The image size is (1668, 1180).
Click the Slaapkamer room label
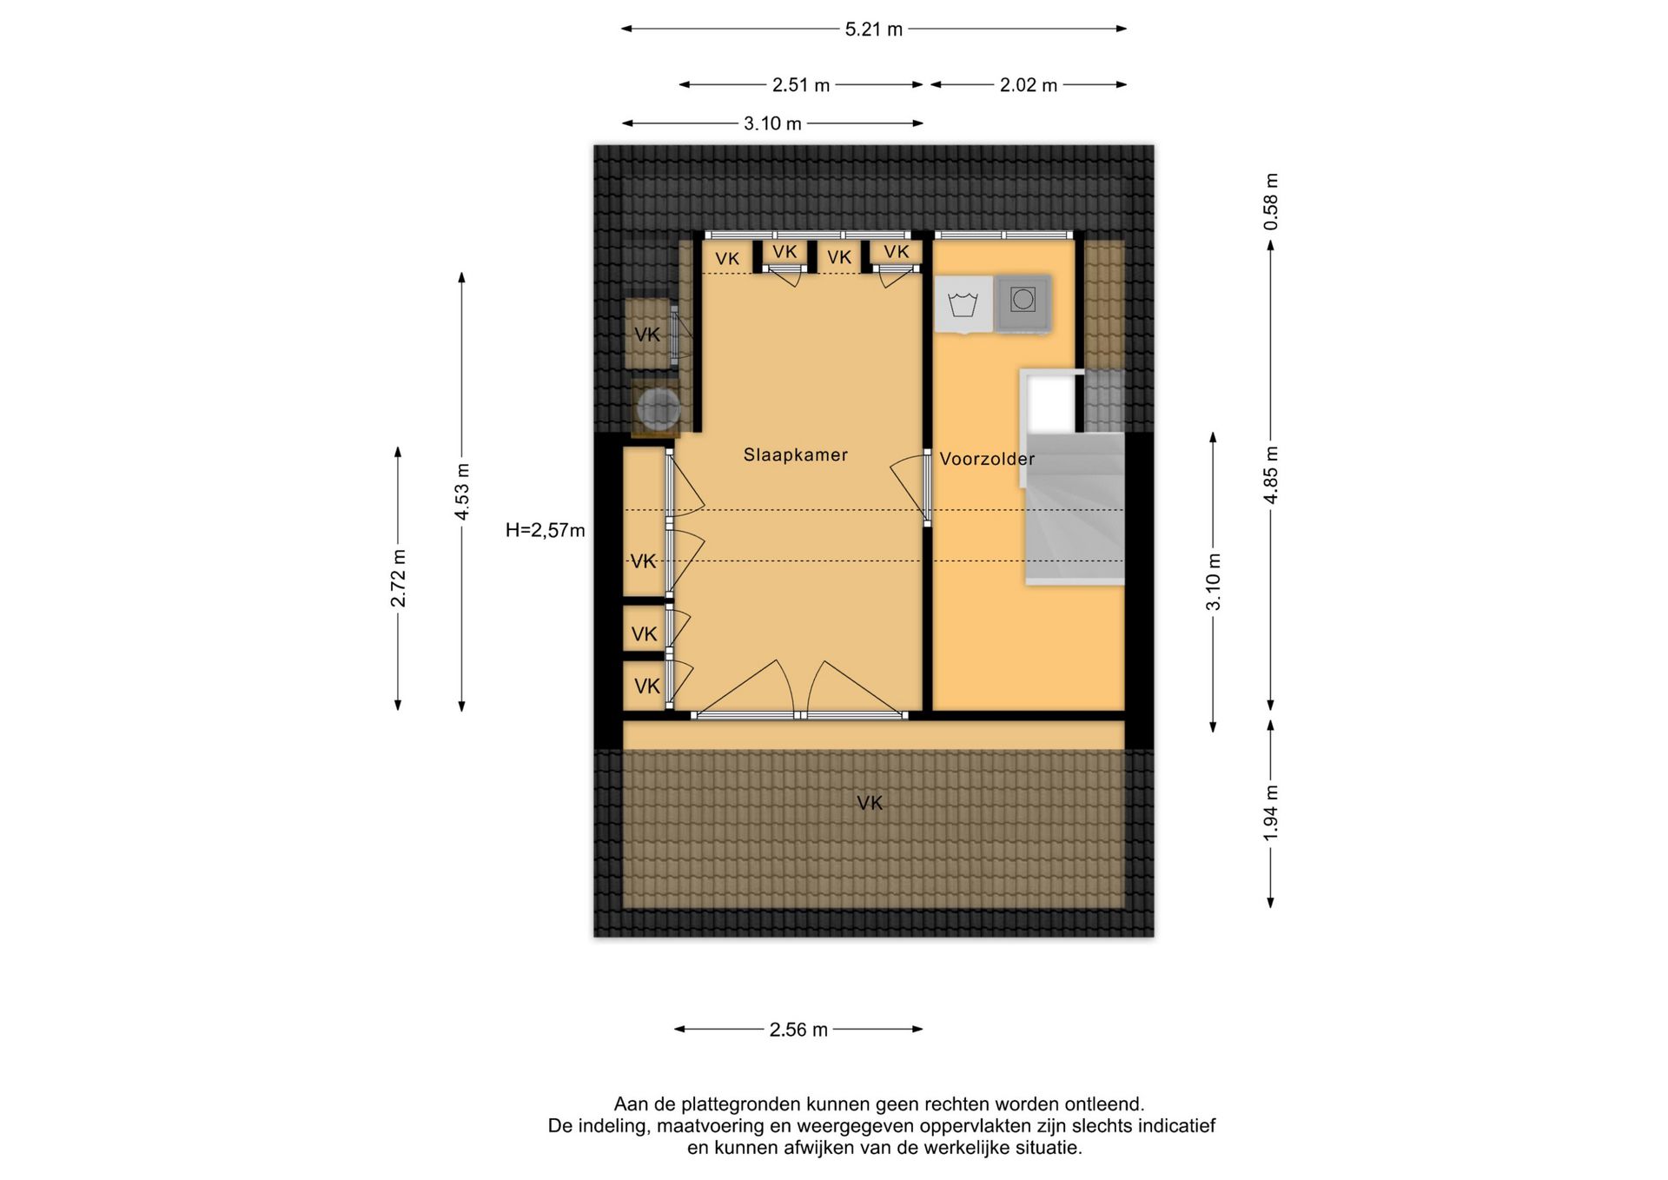coord(795,454)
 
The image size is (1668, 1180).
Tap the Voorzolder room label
coord(987,459)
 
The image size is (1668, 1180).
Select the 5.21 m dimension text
coord(874,30)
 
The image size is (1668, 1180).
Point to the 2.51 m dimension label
coord(801,85)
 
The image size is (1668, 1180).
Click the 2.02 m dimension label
coord(1029,85)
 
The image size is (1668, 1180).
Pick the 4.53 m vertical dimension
coord(462,492)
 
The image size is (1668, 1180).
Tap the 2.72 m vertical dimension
coord(398,579)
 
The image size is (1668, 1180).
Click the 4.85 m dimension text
coord(1271,475)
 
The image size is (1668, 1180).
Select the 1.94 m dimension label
coord(1271,813)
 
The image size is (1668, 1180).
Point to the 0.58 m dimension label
coord(1271,202)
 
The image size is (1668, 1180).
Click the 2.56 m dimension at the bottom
coord(798,1030)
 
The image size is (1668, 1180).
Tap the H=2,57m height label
coord(546,530)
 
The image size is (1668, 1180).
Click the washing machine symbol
coord(963,304)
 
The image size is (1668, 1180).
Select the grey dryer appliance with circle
coord(1023,303)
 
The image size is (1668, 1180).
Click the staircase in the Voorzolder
coord(1074,508)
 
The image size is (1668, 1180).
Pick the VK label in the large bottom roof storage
coord(870,804)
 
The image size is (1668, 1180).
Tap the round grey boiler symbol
coord(658,408)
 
